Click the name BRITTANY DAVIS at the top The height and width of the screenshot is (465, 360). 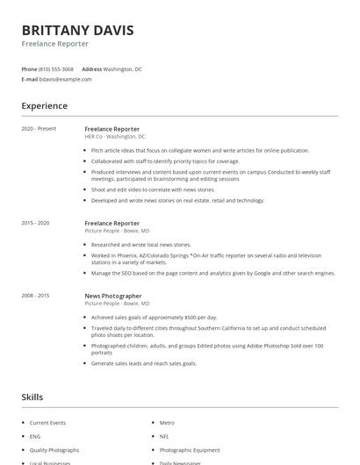(77, 31)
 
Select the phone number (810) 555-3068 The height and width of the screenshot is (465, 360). (56, 68)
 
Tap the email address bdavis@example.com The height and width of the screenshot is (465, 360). (65, 79)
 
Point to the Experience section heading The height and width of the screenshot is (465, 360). (44, 106)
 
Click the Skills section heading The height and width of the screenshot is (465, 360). (32, 397)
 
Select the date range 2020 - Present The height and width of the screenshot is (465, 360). (39, 129)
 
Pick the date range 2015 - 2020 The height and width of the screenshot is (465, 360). (36, 223)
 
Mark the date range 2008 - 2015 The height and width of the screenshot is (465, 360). (36, 296)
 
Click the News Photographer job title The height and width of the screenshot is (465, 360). (112, 297)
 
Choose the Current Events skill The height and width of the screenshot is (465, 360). (47, 423)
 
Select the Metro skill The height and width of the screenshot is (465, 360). (167, 423)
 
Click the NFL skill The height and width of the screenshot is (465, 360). (165, 436)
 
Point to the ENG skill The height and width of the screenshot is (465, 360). (35, 436)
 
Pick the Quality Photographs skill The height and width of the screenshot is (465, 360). (54, 450)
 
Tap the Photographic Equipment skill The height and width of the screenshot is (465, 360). (190, 450)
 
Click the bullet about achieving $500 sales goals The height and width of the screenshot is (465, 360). (154, 318)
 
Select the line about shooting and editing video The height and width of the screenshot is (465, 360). (153, 190)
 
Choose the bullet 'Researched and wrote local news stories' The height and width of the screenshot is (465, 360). (140, 245)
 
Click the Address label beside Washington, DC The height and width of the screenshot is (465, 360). (91, 68)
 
